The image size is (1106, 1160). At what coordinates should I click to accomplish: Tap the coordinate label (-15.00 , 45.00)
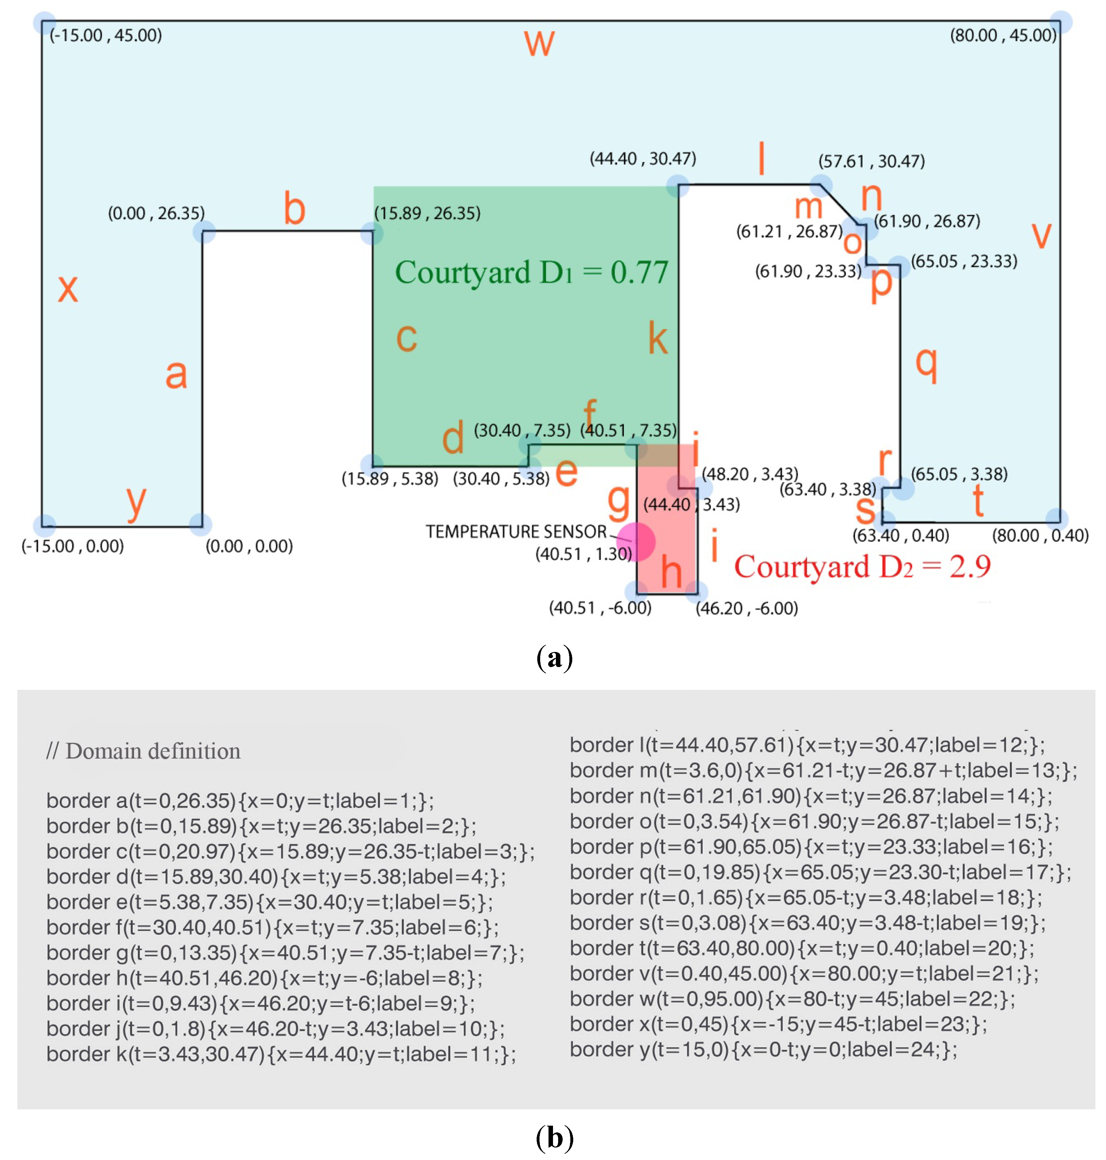tap(106, 35)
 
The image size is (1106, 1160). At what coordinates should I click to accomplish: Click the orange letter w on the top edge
tap(539, 44)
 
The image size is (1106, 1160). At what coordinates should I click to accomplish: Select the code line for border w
tap(792, 998)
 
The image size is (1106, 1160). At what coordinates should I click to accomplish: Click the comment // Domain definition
tap(143, 751)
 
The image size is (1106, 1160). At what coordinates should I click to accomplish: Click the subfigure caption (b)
tap(554, 1138)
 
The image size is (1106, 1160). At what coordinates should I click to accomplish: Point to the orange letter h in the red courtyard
tap(671, 572)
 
